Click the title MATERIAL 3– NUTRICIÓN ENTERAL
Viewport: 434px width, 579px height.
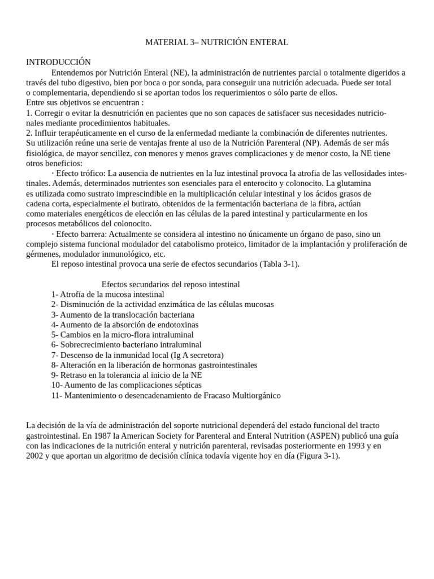[x=217, y=42]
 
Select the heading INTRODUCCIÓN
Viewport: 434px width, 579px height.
[x=58, y=62]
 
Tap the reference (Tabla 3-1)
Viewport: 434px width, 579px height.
[x=279, y=264]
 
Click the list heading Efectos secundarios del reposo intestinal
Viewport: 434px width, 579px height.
[x=170, y=284]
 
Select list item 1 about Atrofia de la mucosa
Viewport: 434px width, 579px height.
[x=107, y=295]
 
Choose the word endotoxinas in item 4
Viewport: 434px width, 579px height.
[x=175, y=325]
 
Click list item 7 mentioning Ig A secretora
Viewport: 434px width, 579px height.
[x=137, y=355]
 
